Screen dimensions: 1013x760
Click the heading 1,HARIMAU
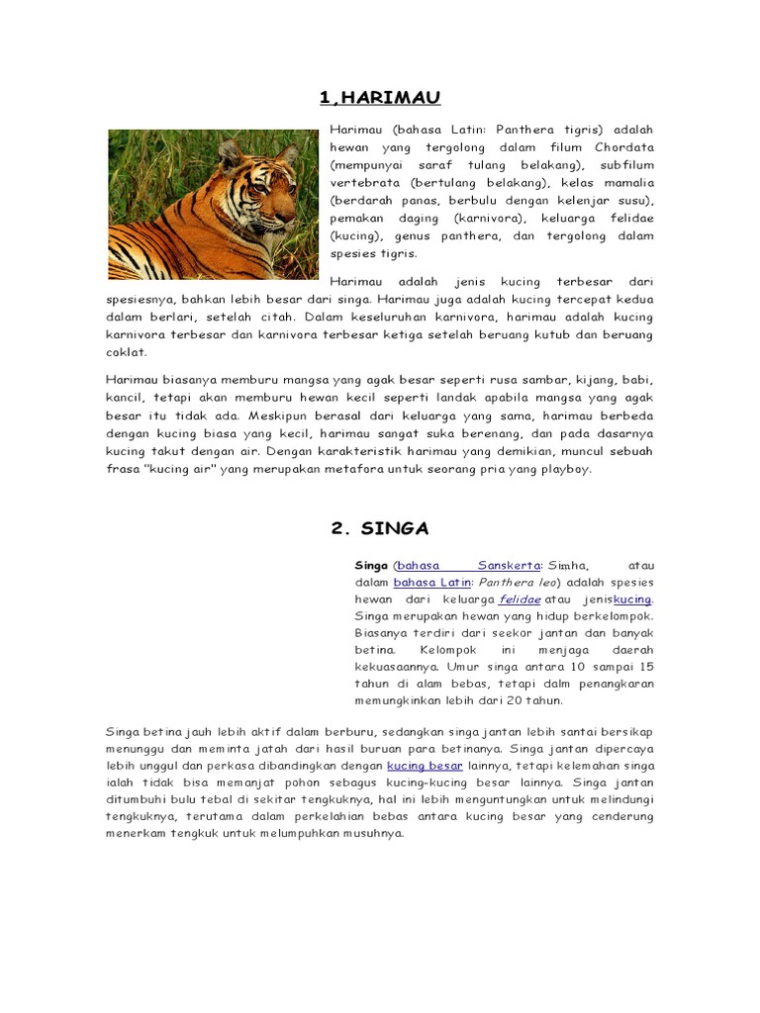[380, 97]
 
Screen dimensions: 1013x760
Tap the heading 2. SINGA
[380, 528]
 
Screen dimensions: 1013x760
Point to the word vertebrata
[362, 182]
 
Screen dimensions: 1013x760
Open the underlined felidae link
[520, 599]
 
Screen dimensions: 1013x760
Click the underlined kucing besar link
[425, 766]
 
